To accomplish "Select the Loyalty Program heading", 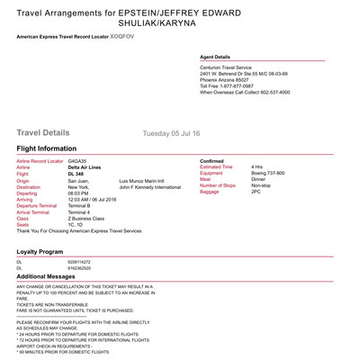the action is coord(40,251).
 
